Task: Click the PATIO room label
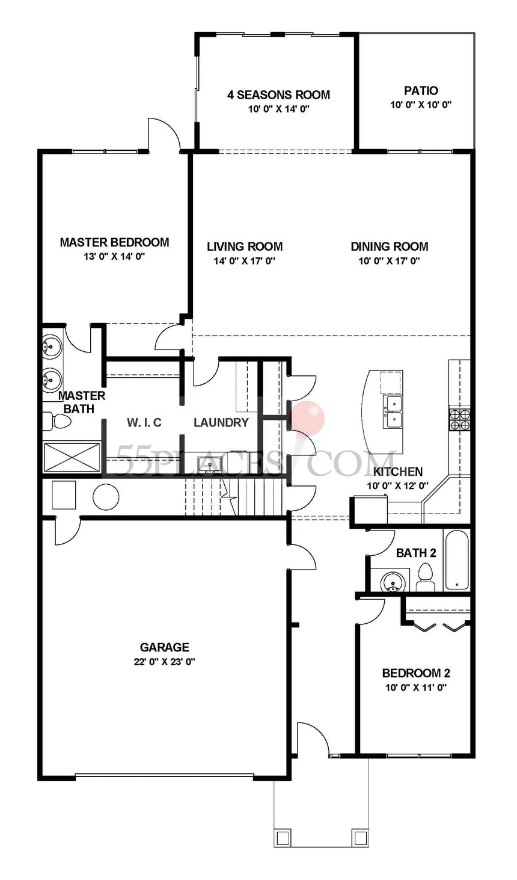point(421,91)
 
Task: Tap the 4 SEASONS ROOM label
point(279,94)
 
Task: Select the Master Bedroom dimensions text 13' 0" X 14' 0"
point(114,256)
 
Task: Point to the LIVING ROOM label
point(245,247)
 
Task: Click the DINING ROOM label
point(390,247)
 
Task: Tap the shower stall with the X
point(72,457)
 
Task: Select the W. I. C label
point(144,422)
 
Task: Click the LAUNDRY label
point(221,422)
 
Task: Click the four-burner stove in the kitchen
point(460,419)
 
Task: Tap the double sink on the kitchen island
point(393,411)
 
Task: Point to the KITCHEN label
point(397,472)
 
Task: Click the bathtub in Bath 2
point(457,560)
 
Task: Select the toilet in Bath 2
point(425,577)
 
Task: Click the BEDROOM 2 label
point(416,673)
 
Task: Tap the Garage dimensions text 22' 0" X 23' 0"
point(165,662)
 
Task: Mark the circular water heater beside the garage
point(106,497)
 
